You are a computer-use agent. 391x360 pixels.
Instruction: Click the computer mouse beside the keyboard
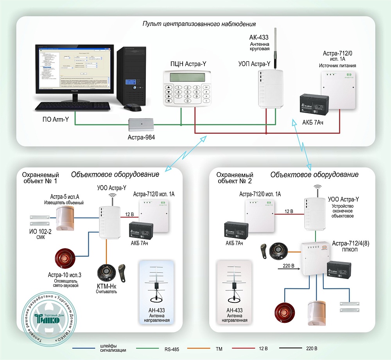tap(132, 107)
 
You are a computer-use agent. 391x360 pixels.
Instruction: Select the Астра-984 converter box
tap(141, 124)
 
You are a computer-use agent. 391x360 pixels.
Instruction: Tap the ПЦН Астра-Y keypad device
tap(187, 88)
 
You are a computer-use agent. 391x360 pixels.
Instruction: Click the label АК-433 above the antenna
tap(258, 38)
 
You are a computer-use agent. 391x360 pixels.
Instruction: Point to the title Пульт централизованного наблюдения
tap(199, 24)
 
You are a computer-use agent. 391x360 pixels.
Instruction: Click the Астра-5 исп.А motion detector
tap(65, 218)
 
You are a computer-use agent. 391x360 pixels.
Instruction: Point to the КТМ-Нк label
tap(104, 286)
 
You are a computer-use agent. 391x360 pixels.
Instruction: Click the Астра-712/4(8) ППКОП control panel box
tap(314, 257)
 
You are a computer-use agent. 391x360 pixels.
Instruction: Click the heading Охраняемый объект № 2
tap(235, 178)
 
